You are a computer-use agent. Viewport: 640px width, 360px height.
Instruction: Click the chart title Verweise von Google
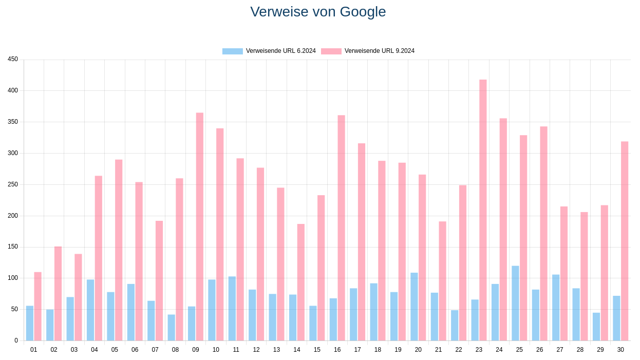tap(318, 12)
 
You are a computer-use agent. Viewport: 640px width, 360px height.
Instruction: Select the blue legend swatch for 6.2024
tap(232, 51)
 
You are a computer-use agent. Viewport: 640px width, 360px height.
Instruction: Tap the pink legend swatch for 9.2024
tap(331, 51)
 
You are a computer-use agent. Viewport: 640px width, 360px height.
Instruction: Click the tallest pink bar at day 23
tap(483, 210)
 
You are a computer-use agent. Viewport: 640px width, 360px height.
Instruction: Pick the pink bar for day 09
tap(199, 226)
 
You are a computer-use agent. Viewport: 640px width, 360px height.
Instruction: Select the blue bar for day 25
tap(515, 303)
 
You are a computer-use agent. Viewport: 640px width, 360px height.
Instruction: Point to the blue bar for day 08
tap(172, 328)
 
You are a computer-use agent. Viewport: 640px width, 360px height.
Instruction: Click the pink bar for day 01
tap(37, 306)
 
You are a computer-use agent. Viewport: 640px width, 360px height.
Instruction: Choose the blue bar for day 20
tap(414, 307)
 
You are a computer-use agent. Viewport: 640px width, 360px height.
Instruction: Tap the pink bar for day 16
tap(341, 228)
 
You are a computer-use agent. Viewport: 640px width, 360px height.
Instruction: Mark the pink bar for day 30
tap(625, 241)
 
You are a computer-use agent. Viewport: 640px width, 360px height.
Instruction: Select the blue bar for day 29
tap(596, 327)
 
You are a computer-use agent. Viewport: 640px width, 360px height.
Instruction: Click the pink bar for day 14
tap(300, 282)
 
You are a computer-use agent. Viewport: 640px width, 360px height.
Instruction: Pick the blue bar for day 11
tap(232, 308)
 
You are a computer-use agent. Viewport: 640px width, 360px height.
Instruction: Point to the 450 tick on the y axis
tap(13, 59)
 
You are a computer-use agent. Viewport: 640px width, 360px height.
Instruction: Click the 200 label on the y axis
tap(13, 216)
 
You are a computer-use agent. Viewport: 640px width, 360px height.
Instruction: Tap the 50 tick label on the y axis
tap(14, 309)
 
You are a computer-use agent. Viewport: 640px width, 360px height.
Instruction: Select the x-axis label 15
tap(317, 350)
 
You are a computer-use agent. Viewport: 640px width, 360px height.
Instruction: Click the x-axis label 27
tap(560, 350)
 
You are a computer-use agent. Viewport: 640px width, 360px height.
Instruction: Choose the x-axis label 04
tap(95, 350)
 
